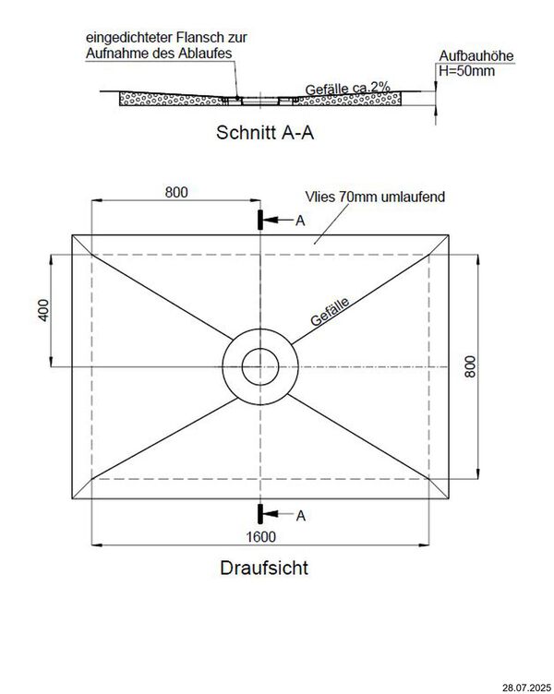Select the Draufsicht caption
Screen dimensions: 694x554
tap(264, 568)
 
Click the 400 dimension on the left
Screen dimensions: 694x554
tap(43, 310)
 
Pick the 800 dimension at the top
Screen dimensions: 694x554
tap(176, 192)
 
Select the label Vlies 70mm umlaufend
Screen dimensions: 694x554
tap(377, 197)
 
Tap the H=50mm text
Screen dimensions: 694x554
tap(466, 71)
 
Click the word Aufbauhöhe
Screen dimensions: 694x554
tap(476, 57)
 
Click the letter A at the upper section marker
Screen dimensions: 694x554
tap(300, 221)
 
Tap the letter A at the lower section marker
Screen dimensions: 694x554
tap(300, 514)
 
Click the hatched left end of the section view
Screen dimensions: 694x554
tap(138, 97)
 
